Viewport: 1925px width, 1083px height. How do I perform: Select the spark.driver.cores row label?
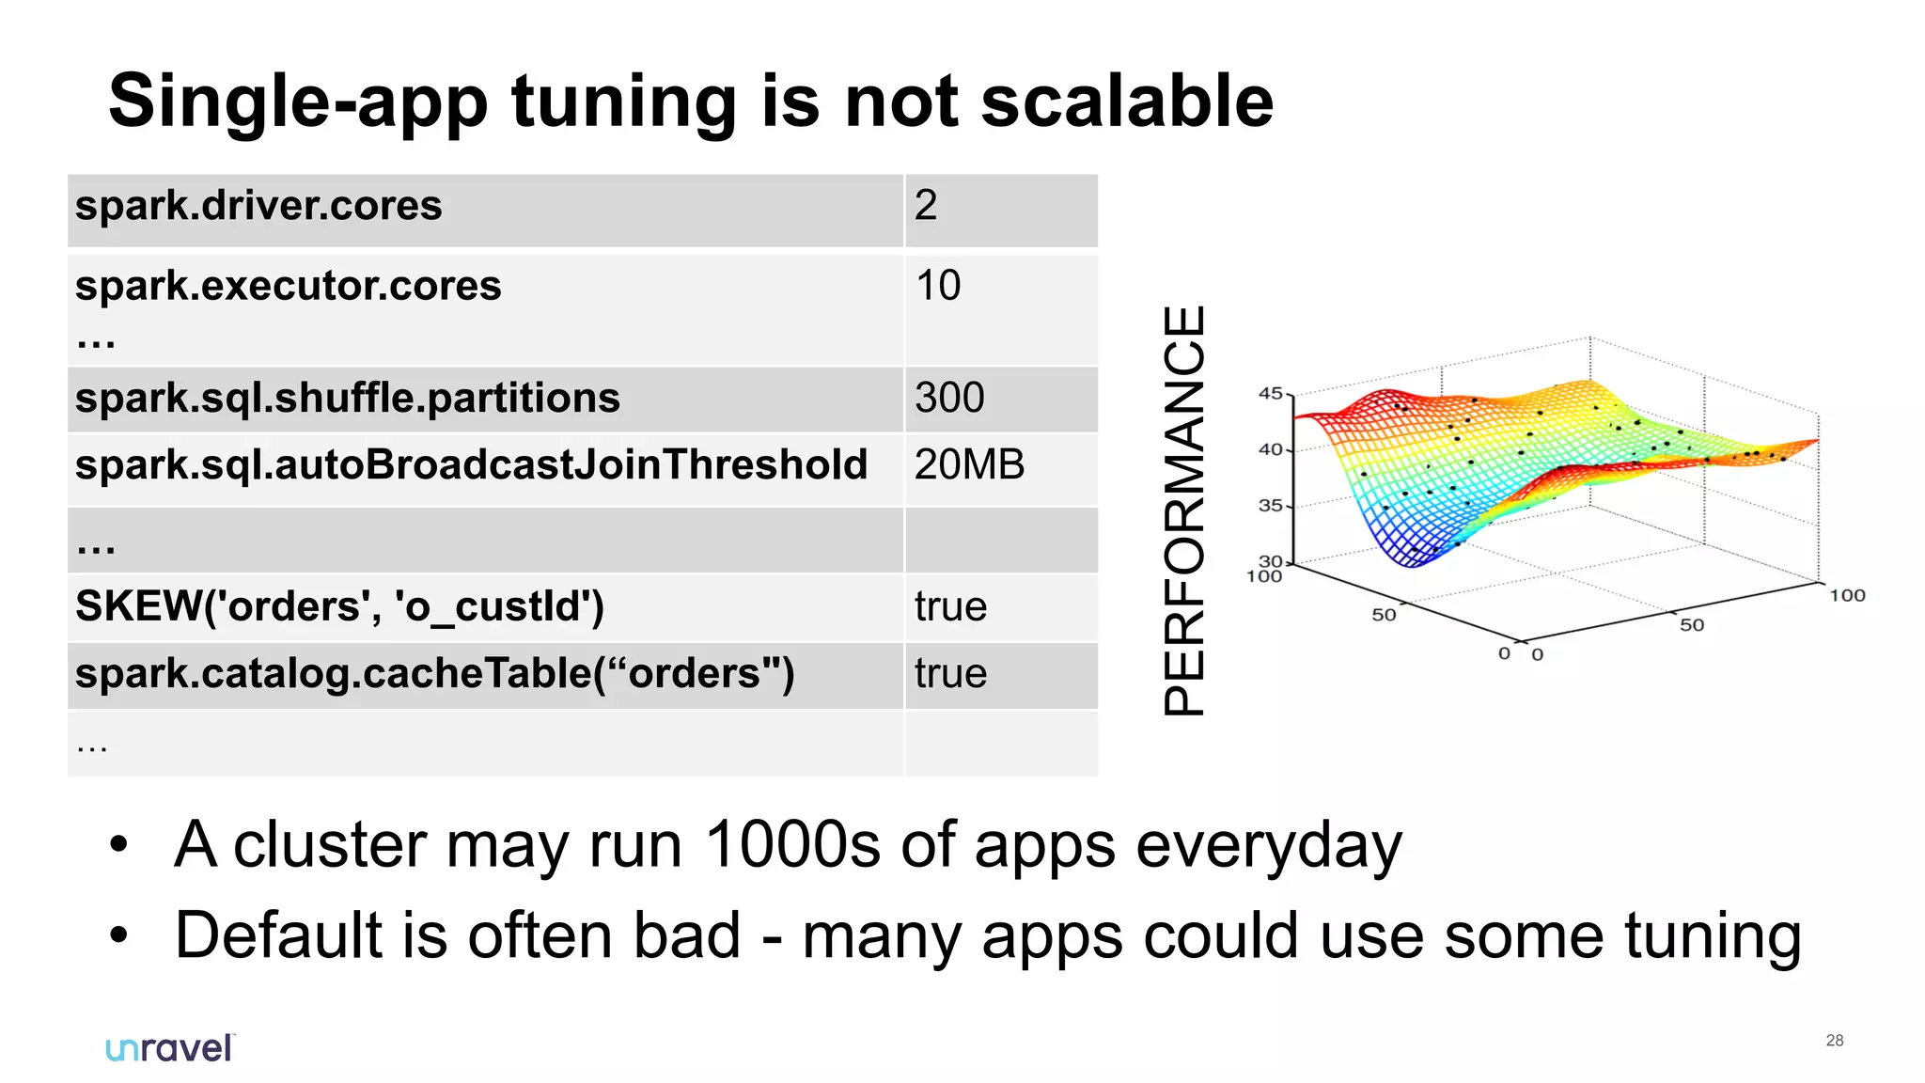[258, 206]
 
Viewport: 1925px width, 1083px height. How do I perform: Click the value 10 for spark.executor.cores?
[938, 286]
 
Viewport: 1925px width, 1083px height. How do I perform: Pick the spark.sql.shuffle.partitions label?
[347, 399]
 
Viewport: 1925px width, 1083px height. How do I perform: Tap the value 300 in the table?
[949, 398]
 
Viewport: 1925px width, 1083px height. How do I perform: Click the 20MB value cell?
[969, 465]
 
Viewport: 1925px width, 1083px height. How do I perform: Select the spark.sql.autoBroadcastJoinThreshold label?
[471, 465]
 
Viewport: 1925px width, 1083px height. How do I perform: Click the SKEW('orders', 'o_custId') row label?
[339, 606]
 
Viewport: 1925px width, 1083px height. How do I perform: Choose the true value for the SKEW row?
[950, 607]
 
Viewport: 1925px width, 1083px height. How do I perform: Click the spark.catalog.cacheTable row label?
[434, 674]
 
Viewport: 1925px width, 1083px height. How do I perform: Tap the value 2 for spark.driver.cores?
[926, 206]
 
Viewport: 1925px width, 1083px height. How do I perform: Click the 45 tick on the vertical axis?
[1270, 393]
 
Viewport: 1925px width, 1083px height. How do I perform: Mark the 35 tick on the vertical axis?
[1270, 506]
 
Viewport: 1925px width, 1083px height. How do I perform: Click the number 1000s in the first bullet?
[791, 844]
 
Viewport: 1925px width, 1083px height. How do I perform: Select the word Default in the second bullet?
[278, 936]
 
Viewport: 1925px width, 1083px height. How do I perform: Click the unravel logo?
[169, 1048]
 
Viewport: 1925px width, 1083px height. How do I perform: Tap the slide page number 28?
[1834, 1041]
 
